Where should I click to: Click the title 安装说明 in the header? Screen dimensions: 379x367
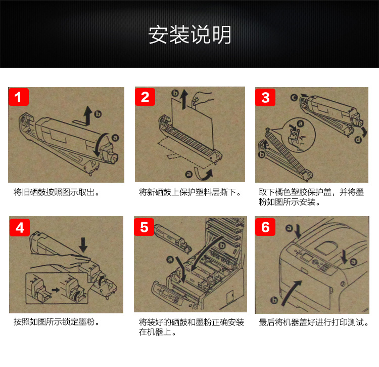189,35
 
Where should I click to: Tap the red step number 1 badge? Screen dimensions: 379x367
19,97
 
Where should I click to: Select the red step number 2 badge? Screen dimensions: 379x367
145,97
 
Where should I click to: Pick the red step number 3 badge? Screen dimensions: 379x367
265,97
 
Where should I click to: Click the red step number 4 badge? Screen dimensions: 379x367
20,228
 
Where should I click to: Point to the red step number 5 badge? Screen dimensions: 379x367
144,227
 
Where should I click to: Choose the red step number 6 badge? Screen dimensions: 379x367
265,227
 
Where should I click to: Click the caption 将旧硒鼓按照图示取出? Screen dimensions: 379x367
56,192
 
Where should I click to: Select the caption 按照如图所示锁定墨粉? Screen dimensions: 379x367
56,322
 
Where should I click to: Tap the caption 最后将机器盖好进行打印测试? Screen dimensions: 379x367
314,322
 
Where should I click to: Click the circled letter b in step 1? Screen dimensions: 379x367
98,114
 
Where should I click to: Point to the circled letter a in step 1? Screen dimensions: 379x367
115,138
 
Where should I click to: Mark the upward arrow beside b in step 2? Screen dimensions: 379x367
184,99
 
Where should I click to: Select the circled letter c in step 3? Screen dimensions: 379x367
294,98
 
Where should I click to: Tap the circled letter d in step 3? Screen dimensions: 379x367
358,140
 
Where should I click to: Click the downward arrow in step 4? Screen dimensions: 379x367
83,245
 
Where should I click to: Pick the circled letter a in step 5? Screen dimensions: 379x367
170,260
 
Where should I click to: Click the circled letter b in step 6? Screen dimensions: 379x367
274,300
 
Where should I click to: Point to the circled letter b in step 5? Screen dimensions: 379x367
222,246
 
